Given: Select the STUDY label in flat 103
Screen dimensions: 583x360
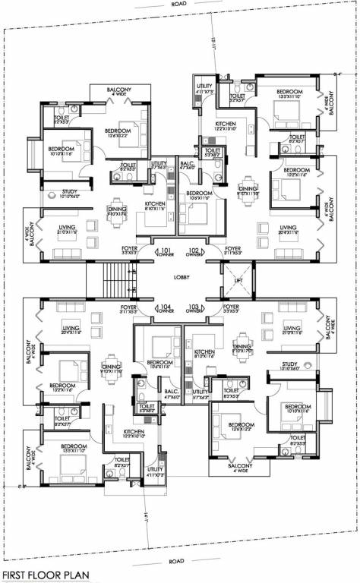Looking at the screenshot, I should coord(289,364).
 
